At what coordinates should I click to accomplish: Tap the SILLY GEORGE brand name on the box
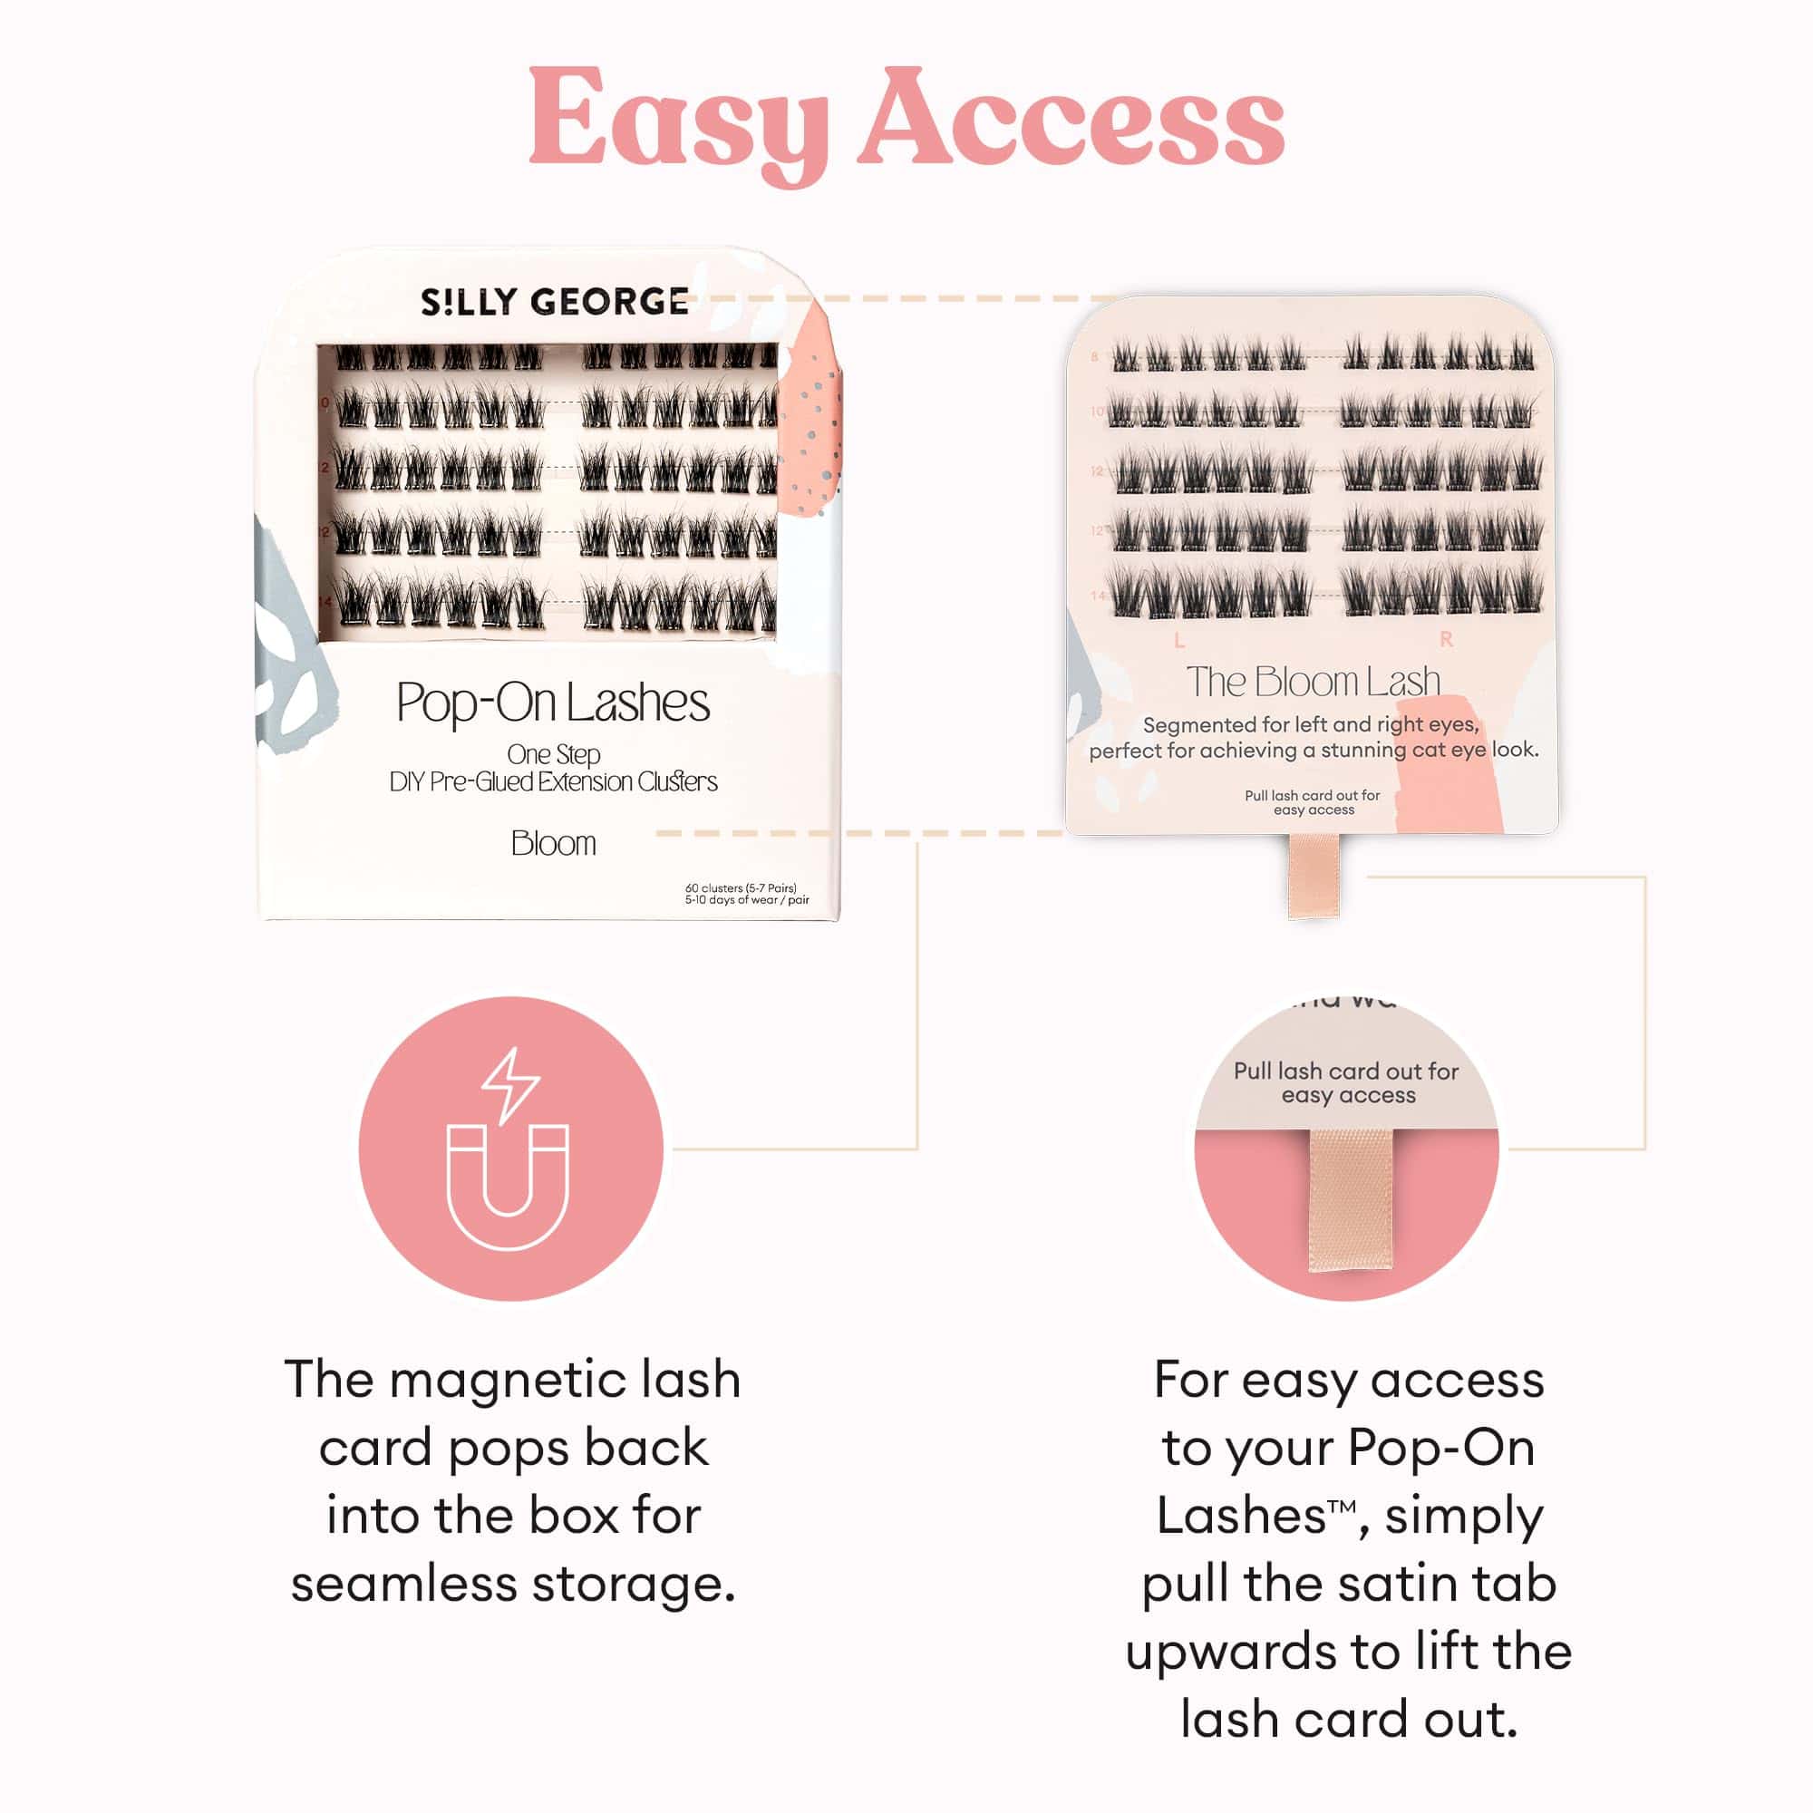pos(554,302)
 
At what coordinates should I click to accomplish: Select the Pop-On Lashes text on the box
pos(553,703)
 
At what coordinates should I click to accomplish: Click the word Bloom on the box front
pos(553,844)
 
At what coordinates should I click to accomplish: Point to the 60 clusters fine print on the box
pos(741,887)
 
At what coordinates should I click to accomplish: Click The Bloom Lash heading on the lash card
pos(1312,683)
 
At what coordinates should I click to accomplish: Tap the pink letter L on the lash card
pos(1179,641)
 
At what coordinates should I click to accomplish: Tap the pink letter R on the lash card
pos(1446,640)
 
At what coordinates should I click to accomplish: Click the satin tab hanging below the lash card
pos(1314,876)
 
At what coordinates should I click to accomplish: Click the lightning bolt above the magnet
pos(509,1084)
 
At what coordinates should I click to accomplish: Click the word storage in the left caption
pos(634,1584)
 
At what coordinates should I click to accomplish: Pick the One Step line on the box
pos(554,754)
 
